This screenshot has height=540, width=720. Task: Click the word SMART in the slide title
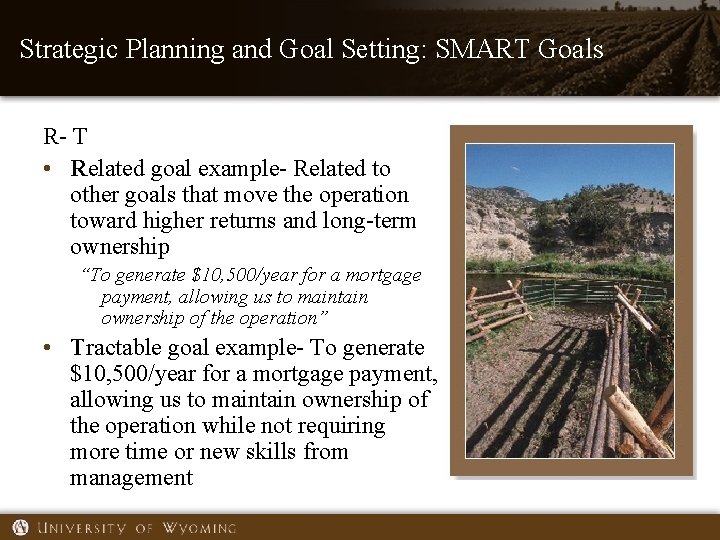(x=489, y=48)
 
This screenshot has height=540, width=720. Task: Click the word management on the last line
(x=131, y=478)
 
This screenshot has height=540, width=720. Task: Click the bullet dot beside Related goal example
(x=47, y=169)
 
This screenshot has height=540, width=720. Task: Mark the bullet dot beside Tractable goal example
(x=47, y=349)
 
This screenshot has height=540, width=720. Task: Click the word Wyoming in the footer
(x=200, y=527)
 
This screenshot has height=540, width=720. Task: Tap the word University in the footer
(x=83, y=527)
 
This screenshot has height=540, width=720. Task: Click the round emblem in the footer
(x=20, y=527)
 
